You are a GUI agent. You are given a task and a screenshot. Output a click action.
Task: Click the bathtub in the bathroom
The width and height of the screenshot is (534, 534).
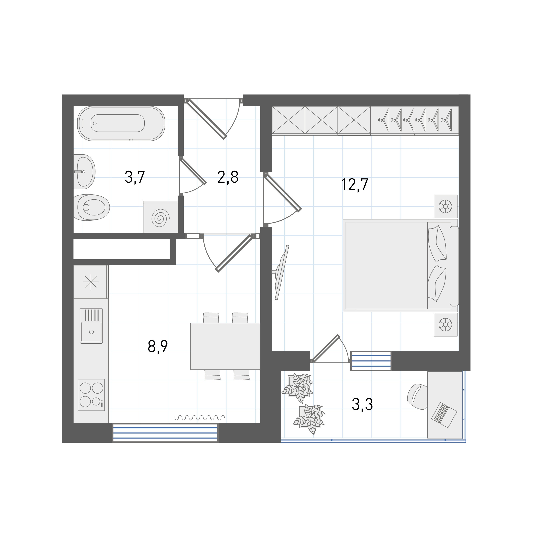click(121, 124)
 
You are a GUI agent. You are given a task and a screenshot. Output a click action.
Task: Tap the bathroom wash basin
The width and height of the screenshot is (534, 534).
click(85, 172)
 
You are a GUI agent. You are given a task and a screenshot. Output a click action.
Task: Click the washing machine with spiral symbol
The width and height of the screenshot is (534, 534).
click(160, 217)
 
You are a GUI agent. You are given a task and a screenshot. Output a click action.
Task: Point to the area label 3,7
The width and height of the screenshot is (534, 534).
click(135, 177)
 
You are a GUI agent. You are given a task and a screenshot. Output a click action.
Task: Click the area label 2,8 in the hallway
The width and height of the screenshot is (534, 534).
click(228, 177)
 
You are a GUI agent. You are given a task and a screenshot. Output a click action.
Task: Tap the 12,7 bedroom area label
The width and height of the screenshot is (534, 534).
click(355, 185)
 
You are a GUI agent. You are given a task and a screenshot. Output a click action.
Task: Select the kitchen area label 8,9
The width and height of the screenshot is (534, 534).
click(158, 347)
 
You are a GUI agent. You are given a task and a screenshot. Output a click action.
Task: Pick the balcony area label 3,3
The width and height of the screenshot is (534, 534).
click(362, 404)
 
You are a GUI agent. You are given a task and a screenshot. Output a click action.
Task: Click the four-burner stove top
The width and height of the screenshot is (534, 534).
click(91, 395)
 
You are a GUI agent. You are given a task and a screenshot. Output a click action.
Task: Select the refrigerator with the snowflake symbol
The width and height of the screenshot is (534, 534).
click(91, 282)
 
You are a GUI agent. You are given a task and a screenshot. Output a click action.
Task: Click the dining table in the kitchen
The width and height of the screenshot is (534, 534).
click(225, 346)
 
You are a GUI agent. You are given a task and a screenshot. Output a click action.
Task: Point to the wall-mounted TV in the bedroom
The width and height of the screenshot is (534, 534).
click(282, 272)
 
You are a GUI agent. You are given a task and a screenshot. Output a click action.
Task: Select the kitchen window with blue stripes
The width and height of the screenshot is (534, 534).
click(165, 433)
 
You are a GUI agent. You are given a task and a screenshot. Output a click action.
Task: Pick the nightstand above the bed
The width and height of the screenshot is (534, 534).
click(446, 206)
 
